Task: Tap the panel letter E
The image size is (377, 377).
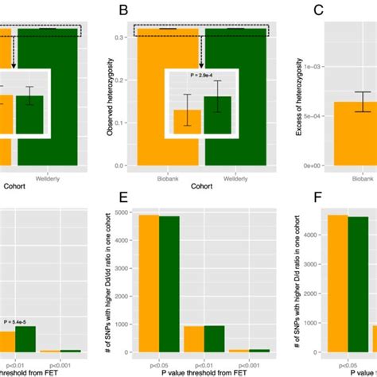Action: tap(123, 196)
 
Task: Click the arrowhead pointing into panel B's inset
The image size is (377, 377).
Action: tap(202, 65)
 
